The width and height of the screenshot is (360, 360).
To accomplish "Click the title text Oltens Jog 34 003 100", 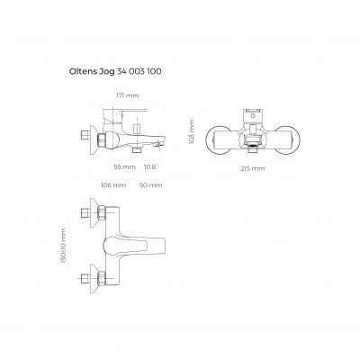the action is click(x=115, y=72).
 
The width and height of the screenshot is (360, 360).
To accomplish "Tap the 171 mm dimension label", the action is click(x=128, y=95).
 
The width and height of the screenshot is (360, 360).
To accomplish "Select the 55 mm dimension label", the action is click(x=124, y=166).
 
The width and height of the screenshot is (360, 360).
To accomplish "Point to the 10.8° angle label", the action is click(x=150, y=166).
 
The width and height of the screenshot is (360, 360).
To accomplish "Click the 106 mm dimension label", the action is click(x=113, y=185).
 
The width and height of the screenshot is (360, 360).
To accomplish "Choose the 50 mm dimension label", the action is click(x=150, y=185).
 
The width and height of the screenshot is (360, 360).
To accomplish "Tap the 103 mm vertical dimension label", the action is click(x=192, y=131).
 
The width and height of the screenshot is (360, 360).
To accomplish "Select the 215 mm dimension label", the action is click(x=253, y=168).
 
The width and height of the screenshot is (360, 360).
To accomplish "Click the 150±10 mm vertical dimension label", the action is click(x=63, y=246).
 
